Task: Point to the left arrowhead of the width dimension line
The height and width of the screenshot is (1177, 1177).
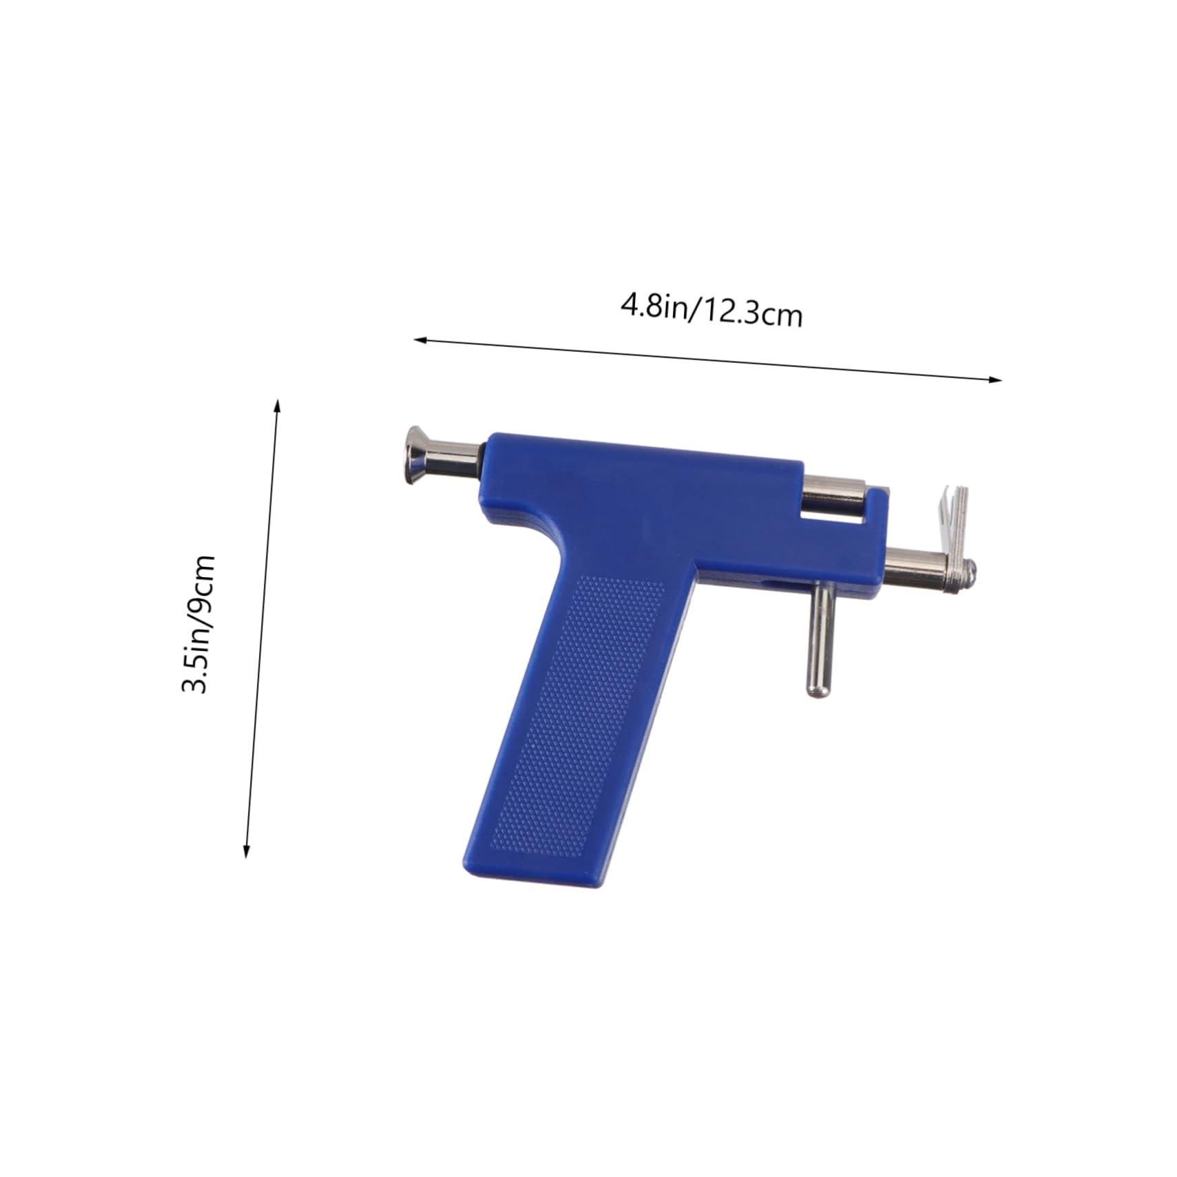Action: (x=421, y=340)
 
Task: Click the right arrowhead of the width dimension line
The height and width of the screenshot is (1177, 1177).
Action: (x=994, y=379)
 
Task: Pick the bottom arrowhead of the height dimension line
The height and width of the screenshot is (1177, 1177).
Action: (x=247, y=851)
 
